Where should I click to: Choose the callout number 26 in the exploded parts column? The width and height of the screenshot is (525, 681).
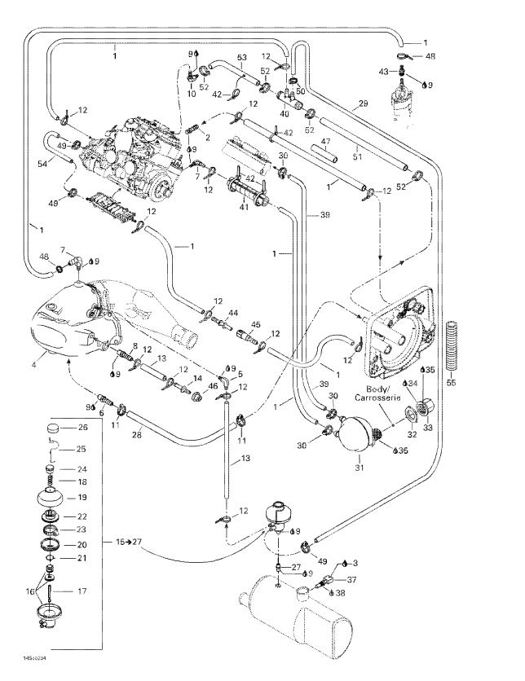tap(83, 428)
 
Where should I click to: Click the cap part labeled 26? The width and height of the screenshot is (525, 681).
tap(54, 428)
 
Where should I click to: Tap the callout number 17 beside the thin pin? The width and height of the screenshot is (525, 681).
tap(83, 591)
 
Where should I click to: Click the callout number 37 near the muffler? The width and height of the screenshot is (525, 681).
tap(352, 579)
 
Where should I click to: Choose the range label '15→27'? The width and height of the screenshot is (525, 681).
tap(126, 541)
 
